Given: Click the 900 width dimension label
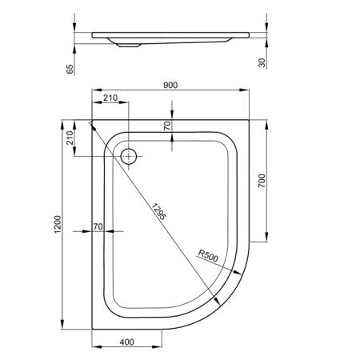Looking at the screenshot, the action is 170,85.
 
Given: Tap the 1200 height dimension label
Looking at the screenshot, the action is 58,224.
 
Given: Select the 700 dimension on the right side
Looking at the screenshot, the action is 262,181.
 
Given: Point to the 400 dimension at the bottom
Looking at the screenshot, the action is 126,342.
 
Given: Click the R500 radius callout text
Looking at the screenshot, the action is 208,256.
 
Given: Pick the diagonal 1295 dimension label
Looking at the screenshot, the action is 159,211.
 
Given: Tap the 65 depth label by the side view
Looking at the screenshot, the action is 70,69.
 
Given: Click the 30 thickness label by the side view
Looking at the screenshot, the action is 262,63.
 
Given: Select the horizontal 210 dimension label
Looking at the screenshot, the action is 110,98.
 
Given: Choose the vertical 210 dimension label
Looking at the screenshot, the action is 70,138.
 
